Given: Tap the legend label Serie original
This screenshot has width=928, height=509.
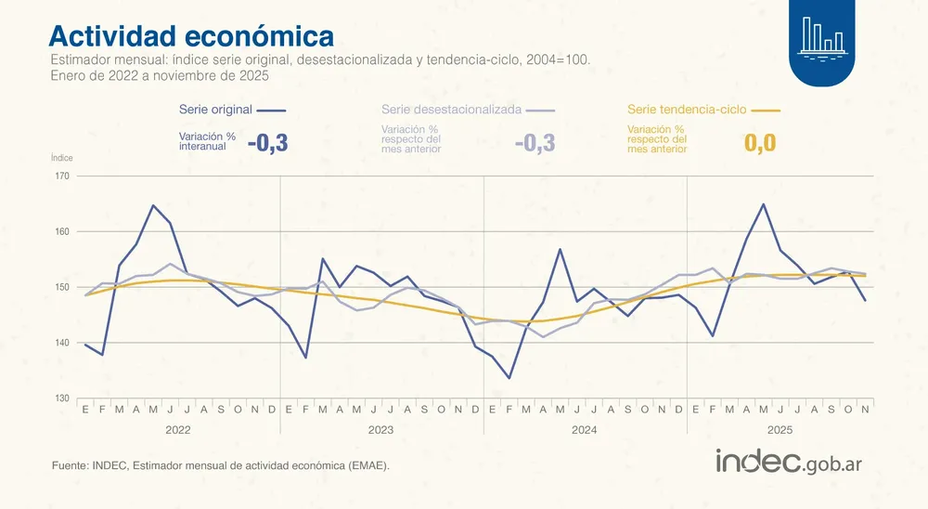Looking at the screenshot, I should tap(215, 110).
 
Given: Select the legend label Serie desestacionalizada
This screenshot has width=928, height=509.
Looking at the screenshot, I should tap(451, 110).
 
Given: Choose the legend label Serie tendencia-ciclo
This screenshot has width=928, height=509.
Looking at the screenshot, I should tap(687, 110).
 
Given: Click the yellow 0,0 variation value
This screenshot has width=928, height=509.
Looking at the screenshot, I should tap(759, 143).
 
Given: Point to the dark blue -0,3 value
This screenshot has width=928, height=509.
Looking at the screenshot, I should tap(268, 143).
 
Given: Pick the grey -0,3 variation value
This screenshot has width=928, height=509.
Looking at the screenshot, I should tap(535, 143).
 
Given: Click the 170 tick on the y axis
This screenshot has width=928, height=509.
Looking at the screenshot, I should tap(63, 176).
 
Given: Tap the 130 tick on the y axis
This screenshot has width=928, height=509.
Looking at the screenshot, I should tap(63, 398).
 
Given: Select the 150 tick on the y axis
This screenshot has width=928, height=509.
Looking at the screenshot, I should tap(63, 287).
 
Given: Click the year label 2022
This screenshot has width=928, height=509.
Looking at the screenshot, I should tap(178, 430).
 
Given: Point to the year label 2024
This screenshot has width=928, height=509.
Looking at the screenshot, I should tap(585, 430).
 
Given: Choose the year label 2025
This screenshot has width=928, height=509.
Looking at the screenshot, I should tap(780, 430).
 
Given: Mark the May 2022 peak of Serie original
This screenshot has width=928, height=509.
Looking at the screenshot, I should tap(153, 205).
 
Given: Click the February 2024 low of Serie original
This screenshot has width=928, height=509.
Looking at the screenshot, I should tap(509, 378).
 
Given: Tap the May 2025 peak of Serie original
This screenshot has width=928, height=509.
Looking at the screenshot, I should tap(763, 204).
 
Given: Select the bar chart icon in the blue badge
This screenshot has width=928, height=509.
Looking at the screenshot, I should tap(822, 35).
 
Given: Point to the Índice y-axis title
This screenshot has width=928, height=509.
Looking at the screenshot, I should tap(61, 158).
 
